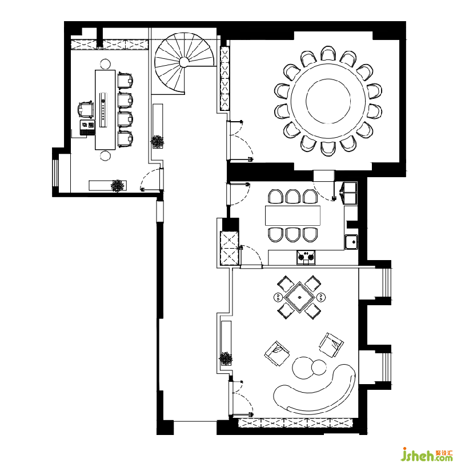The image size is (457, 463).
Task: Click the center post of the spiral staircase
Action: tap(184, 62)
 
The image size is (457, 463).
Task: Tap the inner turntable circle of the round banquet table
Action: tap(328, 101)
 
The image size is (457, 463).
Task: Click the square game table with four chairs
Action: tap(299, 297)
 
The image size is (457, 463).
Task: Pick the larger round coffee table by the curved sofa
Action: tap(303, 368)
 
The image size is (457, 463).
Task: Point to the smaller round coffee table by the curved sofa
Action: tap(319, 368)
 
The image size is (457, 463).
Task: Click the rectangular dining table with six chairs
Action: tap(292, 215)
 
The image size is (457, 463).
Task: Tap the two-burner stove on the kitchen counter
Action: tap(306, 257)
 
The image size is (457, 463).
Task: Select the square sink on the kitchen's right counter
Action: tap(351, 242)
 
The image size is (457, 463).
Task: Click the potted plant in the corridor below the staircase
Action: tap(157, 141)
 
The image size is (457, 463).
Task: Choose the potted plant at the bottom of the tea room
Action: tap(118, 185)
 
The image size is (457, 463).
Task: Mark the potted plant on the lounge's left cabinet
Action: tap(226, 358)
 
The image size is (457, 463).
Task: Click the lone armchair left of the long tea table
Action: tap(86, 110)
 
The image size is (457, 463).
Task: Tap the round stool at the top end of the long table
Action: tap(105, 64)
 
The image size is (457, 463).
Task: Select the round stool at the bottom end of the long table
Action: tap(105, 155)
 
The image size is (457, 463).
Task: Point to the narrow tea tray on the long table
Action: tap(103, 110)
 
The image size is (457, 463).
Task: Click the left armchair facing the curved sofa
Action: tap(276, 353)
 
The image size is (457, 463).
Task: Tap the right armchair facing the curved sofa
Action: tap(331, 345)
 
